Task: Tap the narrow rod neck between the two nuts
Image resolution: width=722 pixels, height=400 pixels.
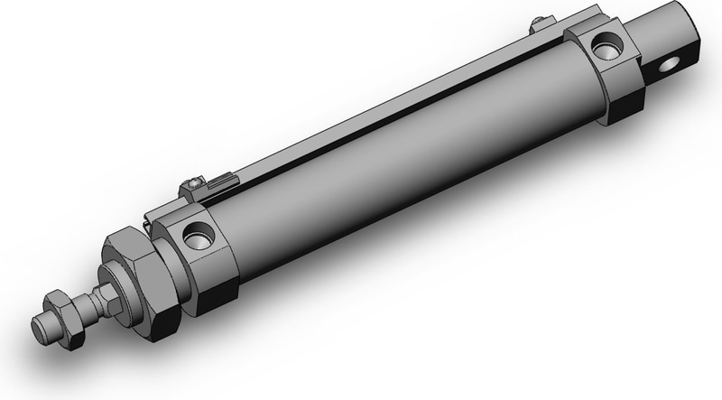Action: (x=94, y=299)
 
